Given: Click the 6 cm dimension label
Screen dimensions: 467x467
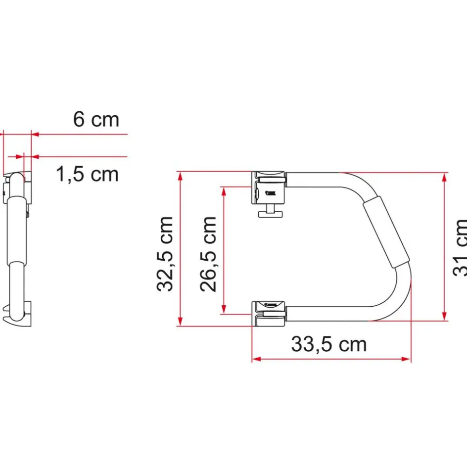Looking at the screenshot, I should (96, 119).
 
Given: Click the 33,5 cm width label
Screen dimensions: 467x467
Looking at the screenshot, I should (328, 344).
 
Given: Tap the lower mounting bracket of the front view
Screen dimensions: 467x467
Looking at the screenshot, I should (269, 313).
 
